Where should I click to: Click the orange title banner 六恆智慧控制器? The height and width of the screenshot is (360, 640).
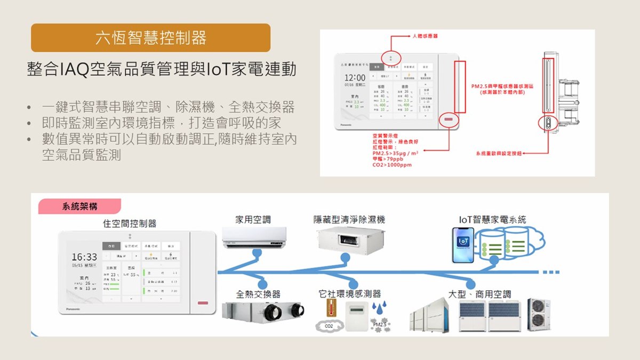click(x=151, y=38)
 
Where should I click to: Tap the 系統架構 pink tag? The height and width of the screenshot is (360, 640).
click(x=80, y=206)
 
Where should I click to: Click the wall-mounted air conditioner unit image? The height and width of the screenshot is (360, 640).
click(x=254, y=237)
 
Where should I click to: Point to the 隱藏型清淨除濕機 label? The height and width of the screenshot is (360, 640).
click(x=349, y=219)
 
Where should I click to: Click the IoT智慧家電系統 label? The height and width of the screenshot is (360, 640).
click(x=492, y=219)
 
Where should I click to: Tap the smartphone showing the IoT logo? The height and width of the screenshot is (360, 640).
click(x=463, y=245)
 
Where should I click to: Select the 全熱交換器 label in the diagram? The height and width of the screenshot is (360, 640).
click(x=258, y=294)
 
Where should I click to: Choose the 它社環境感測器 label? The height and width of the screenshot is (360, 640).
click(x=349, y=294)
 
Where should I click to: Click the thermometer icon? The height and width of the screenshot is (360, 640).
click(x=330, y=309)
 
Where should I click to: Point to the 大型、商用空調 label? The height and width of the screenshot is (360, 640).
click(x=480, y=294)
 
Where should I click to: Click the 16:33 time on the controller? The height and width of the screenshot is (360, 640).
click(x=84, y=257)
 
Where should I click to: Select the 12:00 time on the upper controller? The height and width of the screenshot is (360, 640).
click(x=355, y=78)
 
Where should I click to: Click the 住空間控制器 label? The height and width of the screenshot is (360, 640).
click(x=130, y=223)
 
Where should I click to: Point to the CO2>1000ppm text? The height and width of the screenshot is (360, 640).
click(x=392, y=165)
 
